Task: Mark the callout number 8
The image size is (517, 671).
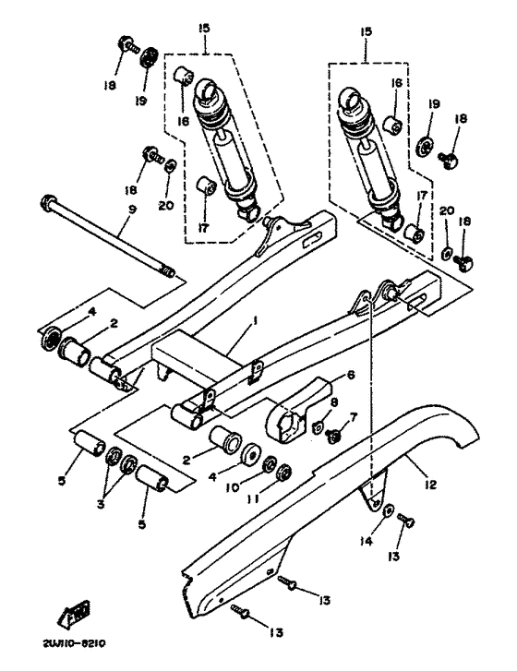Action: pos(333,401)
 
